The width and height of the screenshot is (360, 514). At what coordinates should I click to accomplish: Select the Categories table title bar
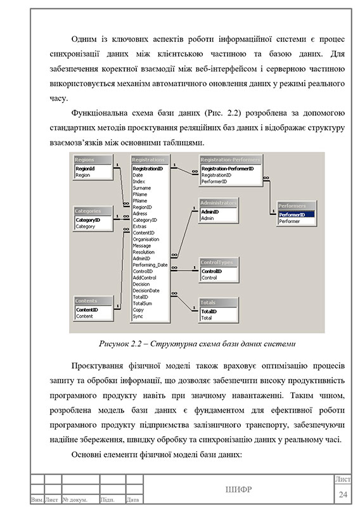[93, 211]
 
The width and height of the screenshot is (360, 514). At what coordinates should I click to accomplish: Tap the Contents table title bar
[93, 301]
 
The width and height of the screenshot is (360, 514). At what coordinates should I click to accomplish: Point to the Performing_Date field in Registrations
[150, 265]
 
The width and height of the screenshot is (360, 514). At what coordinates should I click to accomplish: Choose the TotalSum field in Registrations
[143, 304]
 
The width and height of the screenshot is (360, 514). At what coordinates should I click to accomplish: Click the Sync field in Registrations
[138, 316]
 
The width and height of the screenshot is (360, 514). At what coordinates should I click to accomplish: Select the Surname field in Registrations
[142, 188]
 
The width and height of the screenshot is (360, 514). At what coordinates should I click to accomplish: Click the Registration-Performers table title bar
[230, 160]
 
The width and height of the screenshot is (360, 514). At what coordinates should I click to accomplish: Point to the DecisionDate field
[146, 291]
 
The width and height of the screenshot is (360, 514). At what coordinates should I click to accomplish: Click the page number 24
[343, 494]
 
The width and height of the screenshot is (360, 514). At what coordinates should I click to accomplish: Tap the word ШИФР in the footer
[238, 489]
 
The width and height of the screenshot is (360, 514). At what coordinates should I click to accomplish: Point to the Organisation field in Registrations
[146, 240]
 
